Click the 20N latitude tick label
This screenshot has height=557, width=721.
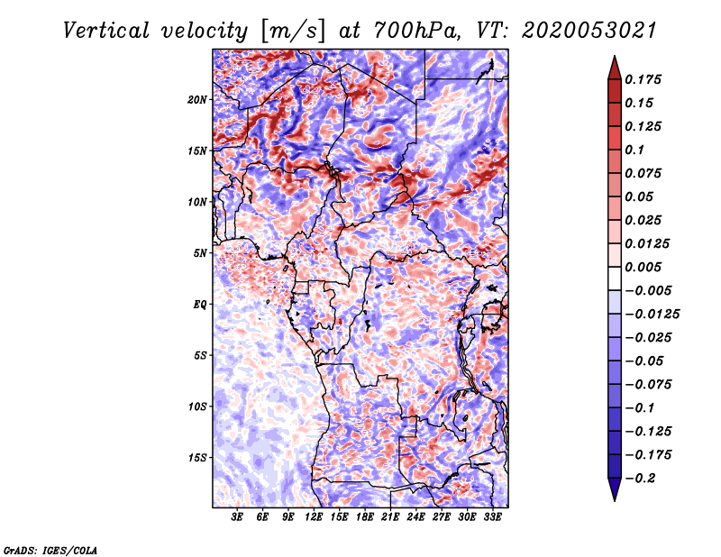click(x=196, y=100)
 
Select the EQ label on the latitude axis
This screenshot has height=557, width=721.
click(x=199, y=305)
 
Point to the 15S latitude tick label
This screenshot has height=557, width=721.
click(x=196, y=458)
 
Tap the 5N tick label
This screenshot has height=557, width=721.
click(x=200, y=253)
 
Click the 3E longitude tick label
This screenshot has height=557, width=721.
click(x=237, y=516)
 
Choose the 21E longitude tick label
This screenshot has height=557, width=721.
click(x=390, y=516)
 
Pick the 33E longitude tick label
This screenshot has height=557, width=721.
click(x=492, y=516)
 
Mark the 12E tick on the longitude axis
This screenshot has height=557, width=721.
click(x=313, y=516)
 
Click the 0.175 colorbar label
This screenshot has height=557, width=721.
click(x=643, y=79)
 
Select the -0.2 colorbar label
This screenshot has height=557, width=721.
click(x=640, y=479)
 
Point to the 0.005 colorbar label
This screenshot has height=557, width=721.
click(x=643, y=267)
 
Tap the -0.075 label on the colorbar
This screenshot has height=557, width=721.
click(x=648, y=385)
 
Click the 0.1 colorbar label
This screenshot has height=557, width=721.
click(x=634, y=150)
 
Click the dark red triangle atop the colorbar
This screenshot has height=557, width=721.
click(x=615, y=68)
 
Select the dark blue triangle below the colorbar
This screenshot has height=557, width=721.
click(x=615, y=489)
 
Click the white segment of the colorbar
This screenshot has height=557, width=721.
click(x=615, y=278)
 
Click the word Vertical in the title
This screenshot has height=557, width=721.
click(x=106, y=31)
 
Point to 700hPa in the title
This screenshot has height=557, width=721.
click(x=416, y=31)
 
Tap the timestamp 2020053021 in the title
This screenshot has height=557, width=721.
click(x=589, y=31)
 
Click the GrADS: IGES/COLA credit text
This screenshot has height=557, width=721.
click(x=50, y=550)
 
